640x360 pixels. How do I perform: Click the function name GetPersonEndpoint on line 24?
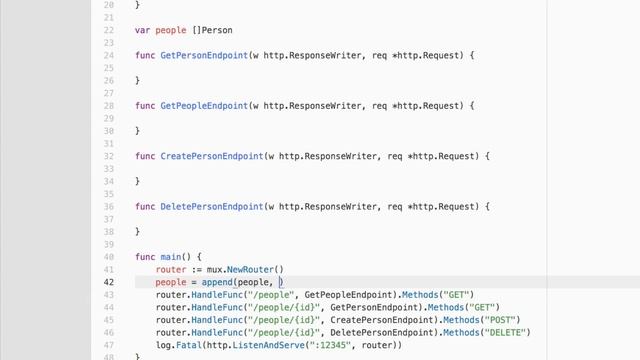click(x=204, y=54)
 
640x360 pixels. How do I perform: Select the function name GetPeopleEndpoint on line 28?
click(x=204, y=105)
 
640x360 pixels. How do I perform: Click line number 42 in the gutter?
click(x=109, y=282)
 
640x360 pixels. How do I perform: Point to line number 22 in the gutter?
click(x=109, y=30)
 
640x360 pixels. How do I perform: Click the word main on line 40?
click(x=171, y=257)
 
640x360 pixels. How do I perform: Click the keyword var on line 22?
click(x=142, y=30)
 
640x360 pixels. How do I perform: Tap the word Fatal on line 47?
click(x=187, y=346)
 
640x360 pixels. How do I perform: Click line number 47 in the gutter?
click(x=109, y=346)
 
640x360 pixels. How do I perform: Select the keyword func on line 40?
click(x=145, y=257)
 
